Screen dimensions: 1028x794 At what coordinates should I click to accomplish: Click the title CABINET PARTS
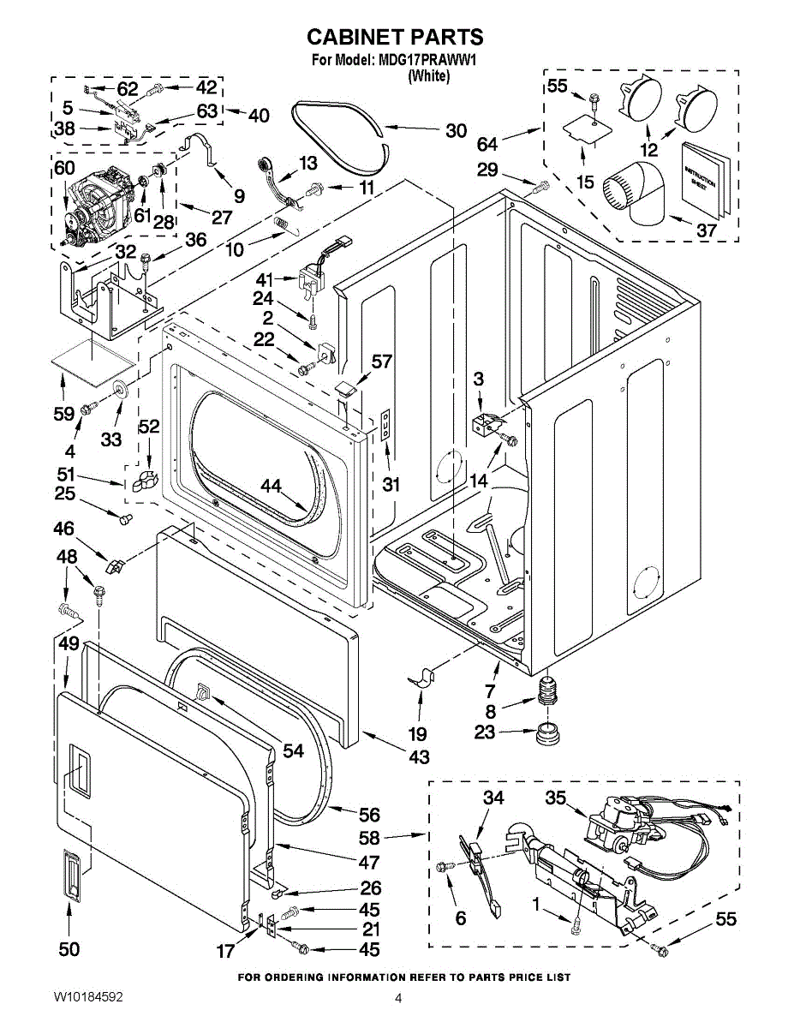395,37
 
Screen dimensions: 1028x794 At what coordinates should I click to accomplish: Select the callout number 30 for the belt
456,131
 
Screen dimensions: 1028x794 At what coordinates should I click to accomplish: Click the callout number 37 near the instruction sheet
705,230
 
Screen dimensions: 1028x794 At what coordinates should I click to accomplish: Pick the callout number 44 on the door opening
272,487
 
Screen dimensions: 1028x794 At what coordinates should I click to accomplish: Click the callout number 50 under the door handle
69,948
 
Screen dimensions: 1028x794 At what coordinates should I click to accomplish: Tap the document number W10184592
88,998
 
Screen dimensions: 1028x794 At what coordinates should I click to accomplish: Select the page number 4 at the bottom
398,998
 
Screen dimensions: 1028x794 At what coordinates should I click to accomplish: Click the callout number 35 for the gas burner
556,798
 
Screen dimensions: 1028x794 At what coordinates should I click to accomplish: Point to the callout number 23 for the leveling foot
485,732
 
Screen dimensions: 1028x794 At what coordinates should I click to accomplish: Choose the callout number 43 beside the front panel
419,756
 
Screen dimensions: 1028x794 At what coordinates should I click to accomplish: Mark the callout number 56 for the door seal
369,816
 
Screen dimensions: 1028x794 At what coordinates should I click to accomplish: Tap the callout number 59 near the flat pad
63,413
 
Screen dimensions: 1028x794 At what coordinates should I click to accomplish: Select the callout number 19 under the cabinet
418,733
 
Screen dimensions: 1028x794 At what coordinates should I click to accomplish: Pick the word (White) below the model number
428,75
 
